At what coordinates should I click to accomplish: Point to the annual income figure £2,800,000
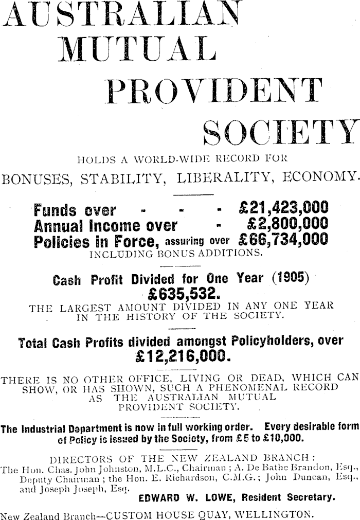pyautogui.click(x=287, y=225)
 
